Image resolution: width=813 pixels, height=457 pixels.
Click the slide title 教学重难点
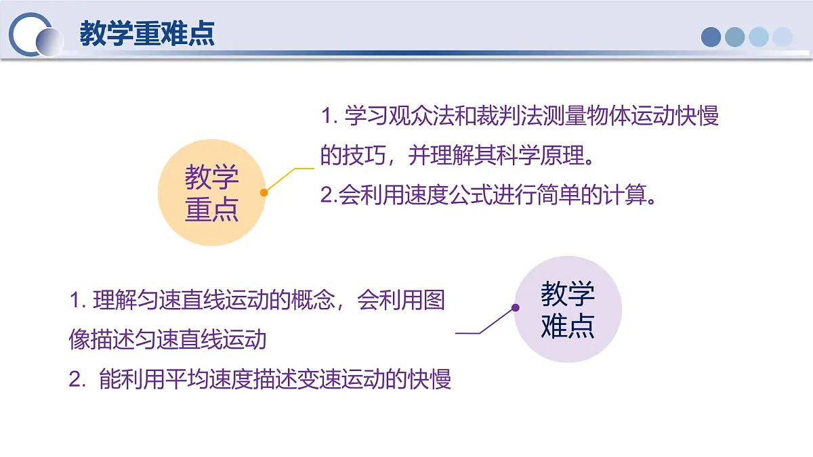[147, 34]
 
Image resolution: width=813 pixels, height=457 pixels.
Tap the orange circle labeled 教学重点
[211, 192]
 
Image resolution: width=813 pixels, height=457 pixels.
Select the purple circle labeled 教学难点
[568, 309]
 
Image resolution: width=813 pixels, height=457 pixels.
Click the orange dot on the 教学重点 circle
[264, 192]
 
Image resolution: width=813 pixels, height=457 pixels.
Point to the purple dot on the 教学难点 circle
[515, 307]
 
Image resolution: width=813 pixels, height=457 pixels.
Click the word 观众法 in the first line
[409, 116]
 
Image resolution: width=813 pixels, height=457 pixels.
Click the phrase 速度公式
[436, 196]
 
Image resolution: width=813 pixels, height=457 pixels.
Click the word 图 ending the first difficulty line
[435, 300]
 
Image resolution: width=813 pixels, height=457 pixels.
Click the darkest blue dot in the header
[711, 37]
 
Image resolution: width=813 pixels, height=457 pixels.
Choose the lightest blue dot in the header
[782, 37]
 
